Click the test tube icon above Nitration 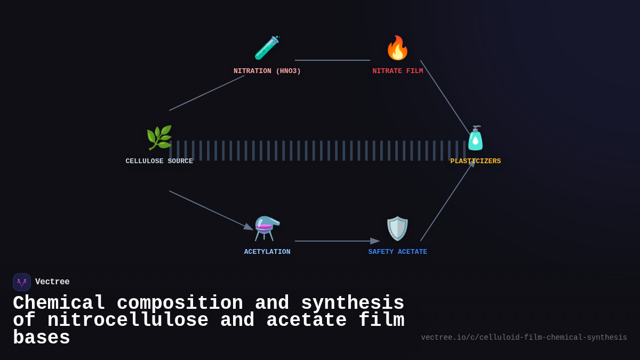pyautogui.click(x=267, y=48)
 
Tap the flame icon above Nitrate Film pyautogui.click(x=397, y=48)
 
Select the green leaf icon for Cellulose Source pyautogui.click(x=159, y=138)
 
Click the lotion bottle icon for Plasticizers pyautogui.click(x=475, y=139)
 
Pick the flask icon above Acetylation pyautogui.click(x=267, y=228)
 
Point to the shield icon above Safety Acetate pyautogui.click(x=397, y=228)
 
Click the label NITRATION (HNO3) pyautogui.click(x=267, y=71)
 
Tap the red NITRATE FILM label pyautogui.click(x=398, y=71)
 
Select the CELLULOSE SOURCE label pyautogui.click(x=159, y=162)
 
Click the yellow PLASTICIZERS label pyautogui.click(x=475, y=162)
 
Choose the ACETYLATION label pyautogui.click(x=267, y=252)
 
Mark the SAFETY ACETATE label pyautogui.click(x=398, y=252)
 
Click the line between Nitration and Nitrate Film pyautogui.click(x=332, y=60)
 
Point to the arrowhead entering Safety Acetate pyautogui.click(x=375, y=241)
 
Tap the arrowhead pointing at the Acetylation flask pyautogui.click(x=248, y=227)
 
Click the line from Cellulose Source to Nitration pyautogui.click(x=207, y=93)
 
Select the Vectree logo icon pyautogui.click(x=22, y=282)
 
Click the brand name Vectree pyautogui.click(x=52, y=282)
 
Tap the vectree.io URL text pyautogui.click(x=524, y=338)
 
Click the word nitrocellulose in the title pyautogui.click(x=128, y=321)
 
